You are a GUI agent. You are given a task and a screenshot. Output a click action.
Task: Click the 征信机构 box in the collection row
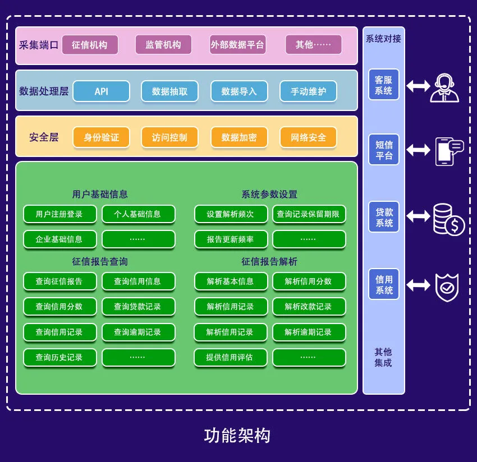[90, 45]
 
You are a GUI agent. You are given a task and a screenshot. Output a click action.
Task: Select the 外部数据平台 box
[237, 45]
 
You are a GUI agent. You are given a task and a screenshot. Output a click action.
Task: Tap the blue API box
[102, 91]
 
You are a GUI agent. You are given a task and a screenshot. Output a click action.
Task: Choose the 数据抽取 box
[170, 91]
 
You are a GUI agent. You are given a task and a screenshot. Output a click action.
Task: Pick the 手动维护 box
[308, 91]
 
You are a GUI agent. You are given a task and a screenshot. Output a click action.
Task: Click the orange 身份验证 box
[102, 137]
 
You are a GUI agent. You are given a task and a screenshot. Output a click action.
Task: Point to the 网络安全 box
[308, 137]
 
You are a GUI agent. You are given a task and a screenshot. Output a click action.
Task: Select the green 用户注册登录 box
[59, 214]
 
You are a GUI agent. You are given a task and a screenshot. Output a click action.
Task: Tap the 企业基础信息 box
[59, 239]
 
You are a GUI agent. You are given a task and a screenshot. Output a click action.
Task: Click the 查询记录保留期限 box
[308, 214]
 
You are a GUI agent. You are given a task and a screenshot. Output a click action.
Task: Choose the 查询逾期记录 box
[137, 332]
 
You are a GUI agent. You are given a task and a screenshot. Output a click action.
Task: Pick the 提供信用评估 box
[230, 357]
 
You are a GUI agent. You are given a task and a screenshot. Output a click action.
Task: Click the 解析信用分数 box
[308, 281]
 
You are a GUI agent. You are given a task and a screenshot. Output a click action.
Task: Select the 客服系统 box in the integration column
[384, 85]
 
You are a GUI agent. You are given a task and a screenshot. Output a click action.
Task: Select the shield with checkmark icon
[447, 287]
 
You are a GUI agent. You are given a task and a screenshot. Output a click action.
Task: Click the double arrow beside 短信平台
[418, 150]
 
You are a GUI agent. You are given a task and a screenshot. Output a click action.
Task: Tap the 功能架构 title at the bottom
[237, 436]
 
